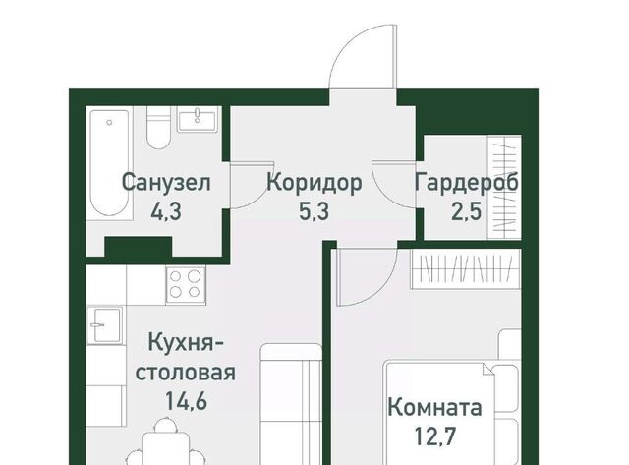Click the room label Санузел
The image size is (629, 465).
[x=166, y=183]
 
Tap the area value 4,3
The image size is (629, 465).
[x=166, y=210]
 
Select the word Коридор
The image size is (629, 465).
[x=314, y=183]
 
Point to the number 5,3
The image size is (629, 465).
[x=314, y=210]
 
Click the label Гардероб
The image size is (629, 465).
[x=467, y=183]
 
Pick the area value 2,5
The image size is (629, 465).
[x=466, y=210]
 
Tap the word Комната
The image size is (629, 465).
[x=434, y=408]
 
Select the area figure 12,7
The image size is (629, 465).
[x=434, y=436]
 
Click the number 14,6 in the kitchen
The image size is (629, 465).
[x=186, y=400]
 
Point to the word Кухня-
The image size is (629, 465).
[x=186, y=343]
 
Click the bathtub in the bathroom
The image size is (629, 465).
[x=109, y=162]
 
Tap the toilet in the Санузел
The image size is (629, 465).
[x=159, y=128]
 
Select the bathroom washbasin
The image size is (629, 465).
[x=198, y=119]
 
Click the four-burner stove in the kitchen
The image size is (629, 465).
[x=186, y=284]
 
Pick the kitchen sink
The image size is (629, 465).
[x=105, y=325]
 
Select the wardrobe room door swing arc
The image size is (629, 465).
[x=382, y=193]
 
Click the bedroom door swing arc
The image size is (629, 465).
[x=384, y=290]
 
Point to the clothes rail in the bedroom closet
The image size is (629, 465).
[x=465, y=268]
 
